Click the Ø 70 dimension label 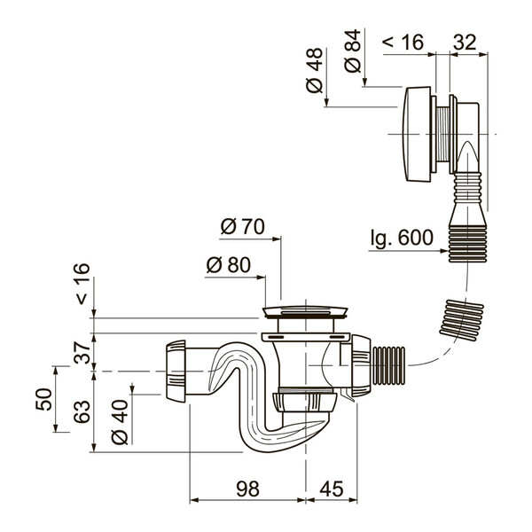(242, 227)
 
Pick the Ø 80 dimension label (228, 265)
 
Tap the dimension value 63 (82, 411)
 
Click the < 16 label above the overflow (403, 41)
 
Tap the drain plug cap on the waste (308, 311)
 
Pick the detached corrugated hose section (463, 318)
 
